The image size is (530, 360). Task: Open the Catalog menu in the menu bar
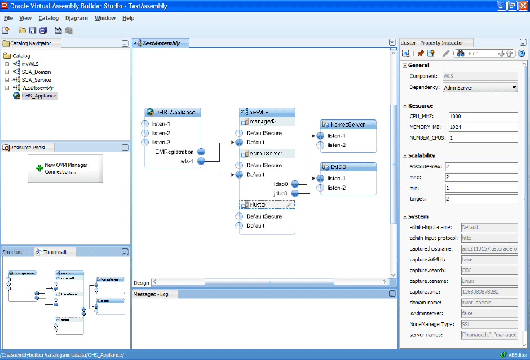point(48,18)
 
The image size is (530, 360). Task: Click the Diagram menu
point(77,18)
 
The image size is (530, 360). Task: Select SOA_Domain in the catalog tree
point(36,72)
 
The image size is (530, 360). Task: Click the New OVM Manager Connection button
point(65,168)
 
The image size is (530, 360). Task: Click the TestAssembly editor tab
point(161,43)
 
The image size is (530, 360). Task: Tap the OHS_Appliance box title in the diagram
point(175,112)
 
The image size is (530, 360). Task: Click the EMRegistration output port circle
point(200,152)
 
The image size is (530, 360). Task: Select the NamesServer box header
point(347,125)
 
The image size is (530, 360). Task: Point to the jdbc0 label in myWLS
point(281,193)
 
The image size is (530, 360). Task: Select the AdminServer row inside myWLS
point(266,153)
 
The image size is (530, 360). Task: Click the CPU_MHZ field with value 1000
point(483,117)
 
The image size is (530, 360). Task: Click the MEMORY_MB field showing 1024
point(483,127)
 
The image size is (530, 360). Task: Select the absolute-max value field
point(481,167)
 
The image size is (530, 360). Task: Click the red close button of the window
point(522,6)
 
